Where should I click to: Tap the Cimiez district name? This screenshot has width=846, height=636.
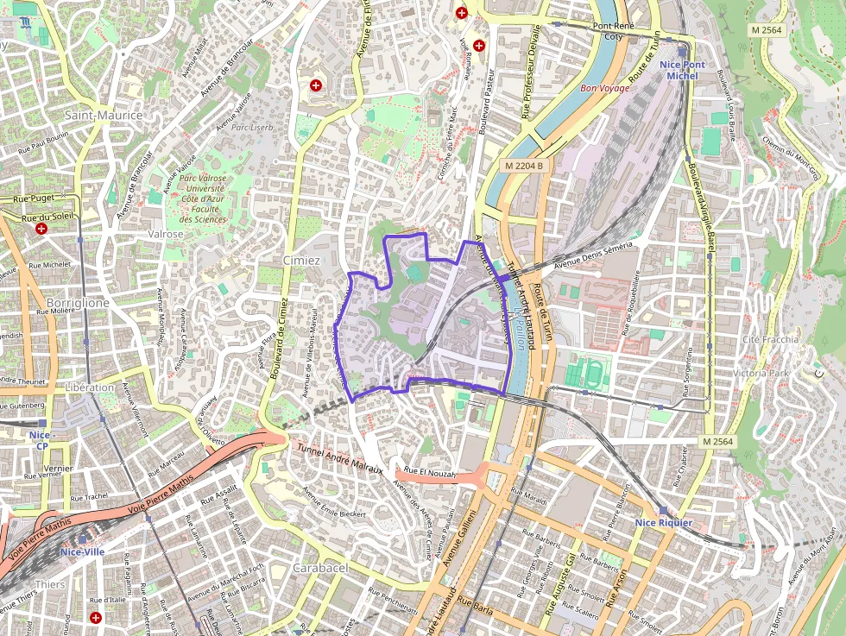coord(301,261)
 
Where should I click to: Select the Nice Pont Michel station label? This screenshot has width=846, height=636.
coord(682,70)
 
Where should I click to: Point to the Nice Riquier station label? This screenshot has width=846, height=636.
coord(663,522)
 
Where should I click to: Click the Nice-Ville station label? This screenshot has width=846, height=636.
coord(82,551)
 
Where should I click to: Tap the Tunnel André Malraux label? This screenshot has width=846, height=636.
coord(339,457)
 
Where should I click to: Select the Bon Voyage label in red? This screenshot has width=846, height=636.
coord(604,88)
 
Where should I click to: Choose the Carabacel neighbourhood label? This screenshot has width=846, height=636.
coord(319,568)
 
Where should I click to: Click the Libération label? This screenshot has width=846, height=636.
coord(89,387)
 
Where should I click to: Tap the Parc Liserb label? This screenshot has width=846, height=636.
coord(251,127)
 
